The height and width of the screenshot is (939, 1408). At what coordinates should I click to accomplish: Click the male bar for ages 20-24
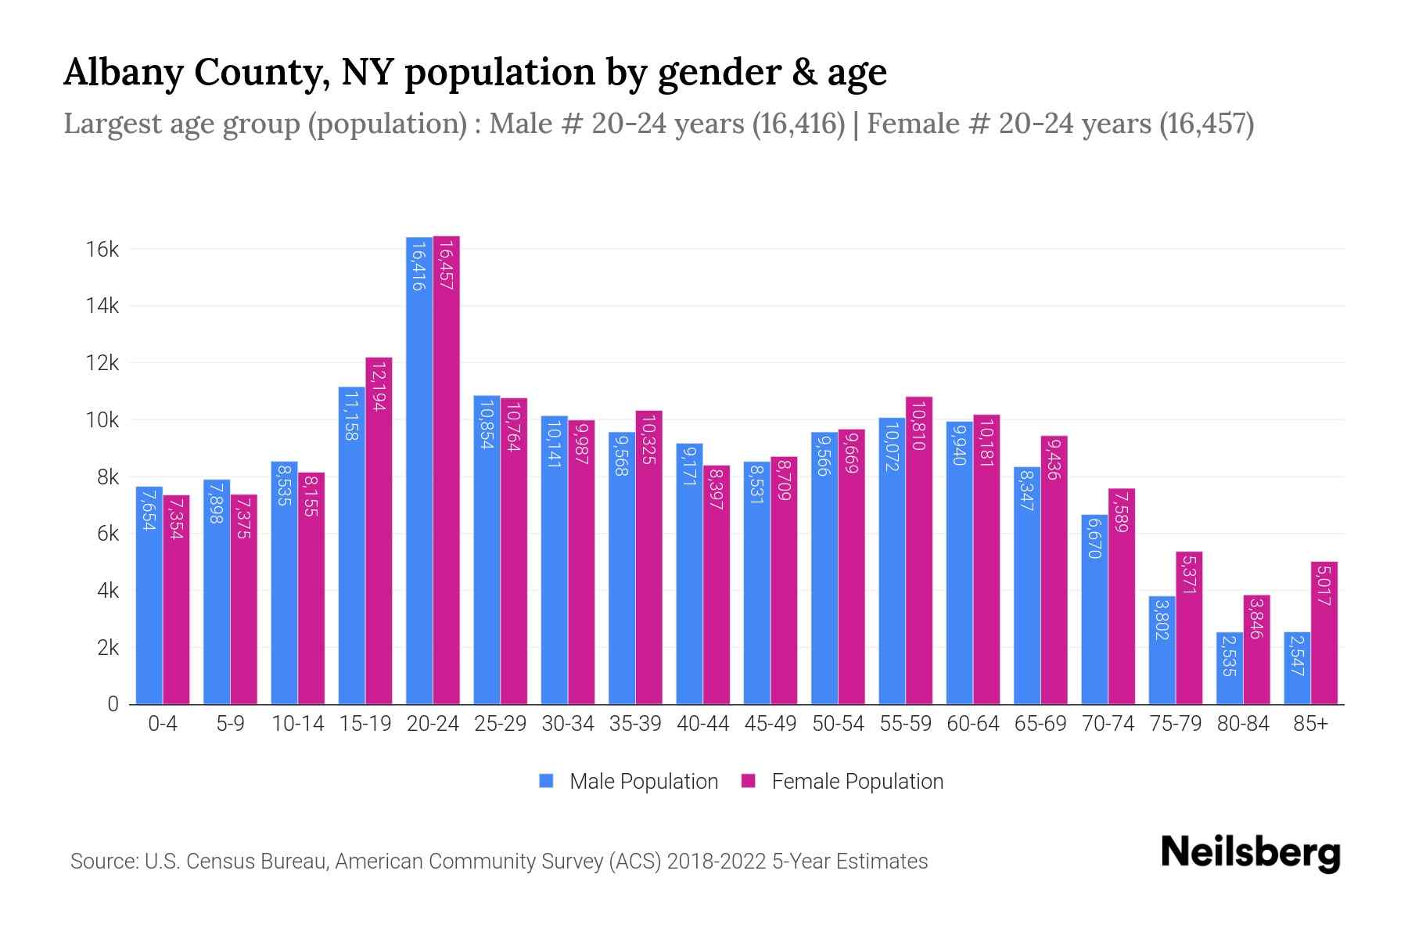(419, 469)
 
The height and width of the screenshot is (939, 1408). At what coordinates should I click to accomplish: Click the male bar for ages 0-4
(149, 595)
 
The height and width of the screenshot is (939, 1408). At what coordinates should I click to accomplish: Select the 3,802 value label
(1162, 618)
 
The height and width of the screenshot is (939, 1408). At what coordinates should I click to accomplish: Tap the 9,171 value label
(689, 466)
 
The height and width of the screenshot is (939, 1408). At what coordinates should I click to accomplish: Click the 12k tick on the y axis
(102, 363)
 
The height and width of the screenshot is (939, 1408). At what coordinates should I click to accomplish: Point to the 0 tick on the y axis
(113, 704)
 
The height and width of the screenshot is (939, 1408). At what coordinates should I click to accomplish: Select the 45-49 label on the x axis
(770, 724)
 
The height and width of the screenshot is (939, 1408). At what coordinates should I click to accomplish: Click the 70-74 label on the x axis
(1108, 724)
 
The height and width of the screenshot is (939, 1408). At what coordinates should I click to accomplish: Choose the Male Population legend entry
(629, 782)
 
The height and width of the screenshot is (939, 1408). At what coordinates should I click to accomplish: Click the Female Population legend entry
(842, 782)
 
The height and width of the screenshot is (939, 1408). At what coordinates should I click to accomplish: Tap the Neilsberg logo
(1250, 853)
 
